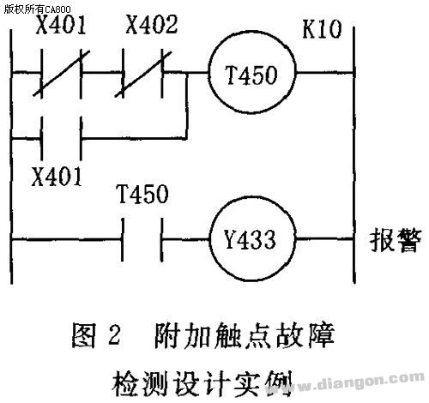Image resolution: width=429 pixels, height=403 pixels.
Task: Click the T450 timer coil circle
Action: click(208, 73)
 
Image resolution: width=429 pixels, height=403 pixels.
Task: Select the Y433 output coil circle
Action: click(209, 238)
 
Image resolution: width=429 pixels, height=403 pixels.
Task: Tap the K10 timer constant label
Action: click(322, 29)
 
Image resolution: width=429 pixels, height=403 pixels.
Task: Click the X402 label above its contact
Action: click(152, 25)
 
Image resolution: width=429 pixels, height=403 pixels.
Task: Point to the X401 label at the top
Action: click(61, 25)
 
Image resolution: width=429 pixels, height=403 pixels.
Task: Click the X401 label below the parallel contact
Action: click(57, 177)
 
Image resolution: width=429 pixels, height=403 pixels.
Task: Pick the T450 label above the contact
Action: click(142, 194)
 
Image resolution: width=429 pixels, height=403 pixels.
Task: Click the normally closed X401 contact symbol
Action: click(61, 74)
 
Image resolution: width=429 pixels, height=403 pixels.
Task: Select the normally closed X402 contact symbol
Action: click(143, 74)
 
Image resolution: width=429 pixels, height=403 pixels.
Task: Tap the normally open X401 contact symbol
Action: click(61, 139)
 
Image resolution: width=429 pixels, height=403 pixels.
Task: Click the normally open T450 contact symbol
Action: click(142, 239)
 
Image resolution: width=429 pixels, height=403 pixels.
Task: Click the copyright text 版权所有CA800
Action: click(37, 9)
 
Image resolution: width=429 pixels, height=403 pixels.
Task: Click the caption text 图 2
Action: click(96, 335)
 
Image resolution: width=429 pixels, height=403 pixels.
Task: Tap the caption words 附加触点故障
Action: click(245, 335)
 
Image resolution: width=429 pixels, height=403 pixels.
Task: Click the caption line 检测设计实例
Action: click(202, 383)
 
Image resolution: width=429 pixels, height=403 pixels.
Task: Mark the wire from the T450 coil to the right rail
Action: click(325, 73)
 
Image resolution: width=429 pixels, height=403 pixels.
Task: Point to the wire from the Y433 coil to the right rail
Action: click(324, 238)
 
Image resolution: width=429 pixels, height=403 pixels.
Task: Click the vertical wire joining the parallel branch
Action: click(187, 105)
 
